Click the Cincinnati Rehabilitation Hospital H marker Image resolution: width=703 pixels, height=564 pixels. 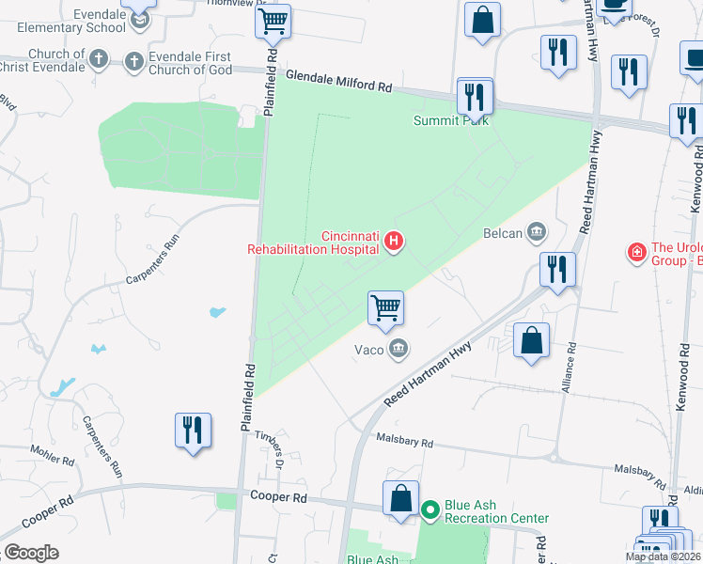(395, 243)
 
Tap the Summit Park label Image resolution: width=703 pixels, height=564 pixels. (451, 120)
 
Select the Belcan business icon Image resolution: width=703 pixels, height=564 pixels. (538, 230)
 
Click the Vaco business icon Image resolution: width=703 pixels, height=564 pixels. (398, 350)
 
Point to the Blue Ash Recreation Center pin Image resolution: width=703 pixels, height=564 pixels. (430, 510)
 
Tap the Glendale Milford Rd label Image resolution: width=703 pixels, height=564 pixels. (338, 85)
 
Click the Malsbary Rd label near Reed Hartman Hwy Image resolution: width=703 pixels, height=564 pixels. (404, 441)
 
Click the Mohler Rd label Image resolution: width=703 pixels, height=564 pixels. (53, 458)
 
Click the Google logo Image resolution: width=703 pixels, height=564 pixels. (31, 553)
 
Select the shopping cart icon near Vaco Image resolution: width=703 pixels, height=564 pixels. (385, 306)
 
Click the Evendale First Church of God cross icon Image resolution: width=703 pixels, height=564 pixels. (134, 61)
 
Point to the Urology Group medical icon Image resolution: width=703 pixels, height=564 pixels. (636, 252)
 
